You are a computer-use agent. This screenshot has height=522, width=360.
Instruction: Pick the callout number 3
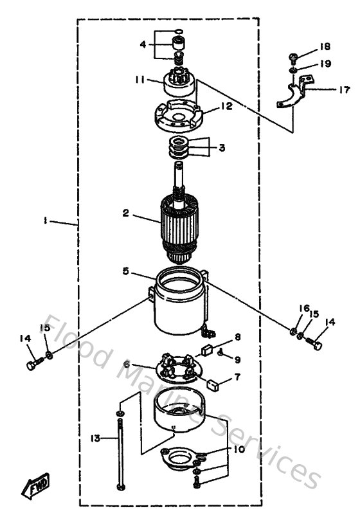pyautogui.click(x=221, y=148)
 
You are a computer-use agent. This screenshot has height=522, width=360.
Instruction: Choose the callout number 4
pyautogui.click(x=144, y=45)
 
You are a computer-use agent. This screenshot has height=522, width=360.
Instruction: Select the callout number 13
pyautogui.click(x=94, y=438)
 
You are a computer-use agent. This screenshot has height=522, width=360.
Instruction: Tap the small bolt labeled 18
pyautogui.click(x=292, y=57)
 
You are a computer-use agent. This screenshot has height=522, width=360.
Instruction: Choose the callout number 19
pyautogui.click(x=326, y=64)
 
